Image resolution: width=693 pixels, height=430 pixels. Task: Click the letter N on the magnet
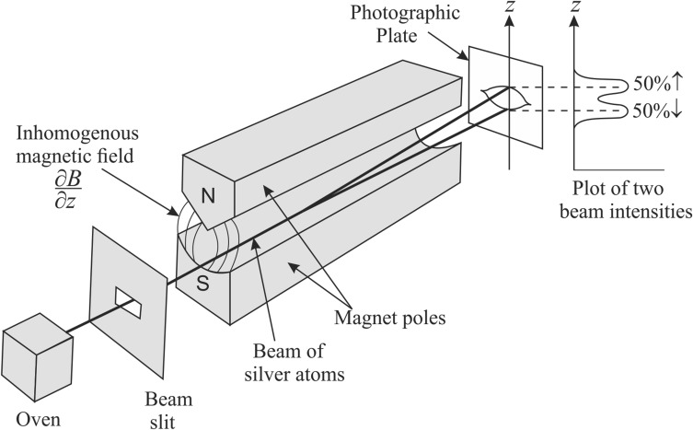coord(208,195)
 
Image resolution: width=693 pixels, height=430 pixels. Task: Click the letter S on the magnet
coord(202,284)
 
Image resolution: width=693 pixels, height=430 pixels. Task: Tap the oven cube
coord(37,356)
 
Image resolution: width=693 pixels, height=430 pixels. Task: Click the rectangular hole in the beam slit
coord(129,303)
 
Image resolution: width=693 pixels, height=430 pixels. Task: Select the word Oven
coord(38,419)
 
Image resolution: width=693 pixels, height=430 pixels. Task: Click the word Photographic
coord(405,14)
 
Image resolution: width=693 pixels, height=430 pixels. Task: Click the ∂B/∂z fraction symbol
coord(68,191)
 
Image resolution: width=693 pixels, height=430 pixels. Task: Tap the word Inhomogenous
coord(77,134)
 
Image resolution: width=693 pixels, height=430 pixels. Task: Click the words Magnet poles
coord(390,318)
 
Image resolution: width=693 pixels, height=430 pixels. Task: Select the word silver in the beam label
coord(268,375)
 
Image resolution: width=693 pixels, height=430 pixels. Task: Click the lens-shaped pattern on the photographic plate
coord(505,99)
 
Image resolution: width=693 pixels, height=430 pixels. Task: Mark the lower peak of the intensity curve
coord(628,110)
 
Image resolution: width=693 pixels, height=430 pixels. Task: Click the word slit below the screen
coord(162,422)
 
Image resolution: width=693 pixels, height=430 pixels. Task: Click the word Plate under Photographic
coord(397,35)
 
